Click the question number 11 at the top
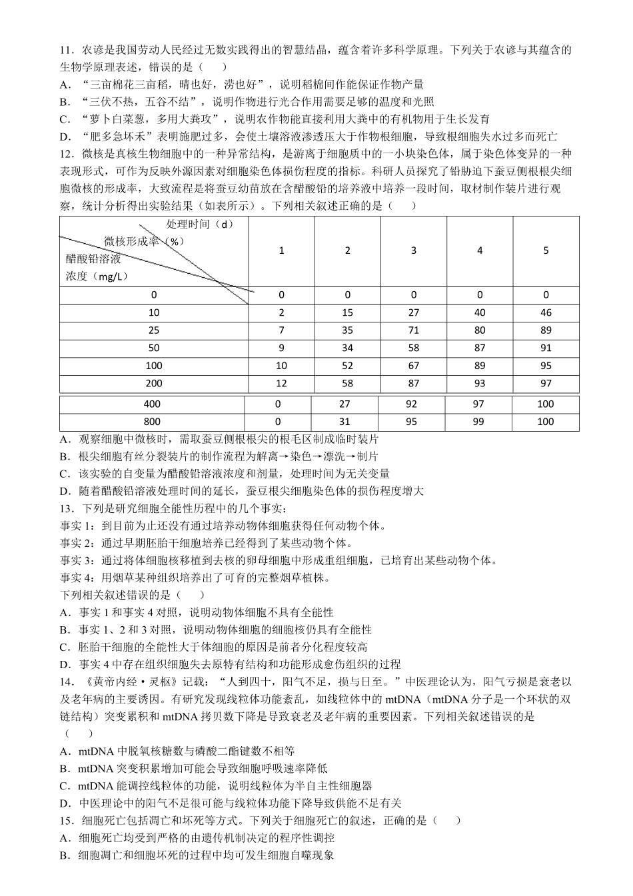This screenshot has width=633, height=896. pos(65,50)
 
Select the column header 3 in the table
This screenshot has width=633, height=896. pos(413,250)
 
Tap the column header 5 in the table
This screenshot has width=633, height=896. pos(546,250)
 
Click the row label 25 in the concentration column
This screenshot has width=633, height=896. pos(154,330)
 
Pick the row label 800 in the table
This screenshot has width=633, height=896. pos(152,422)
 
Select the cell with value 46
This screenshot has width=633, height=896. pos(546,312)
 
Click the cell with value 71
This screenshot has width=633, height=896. pos(413,330)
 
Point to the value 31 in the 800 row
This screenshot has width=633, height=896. pos(344,422)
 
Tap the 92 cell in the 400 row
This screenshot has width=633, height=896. pos(411,404)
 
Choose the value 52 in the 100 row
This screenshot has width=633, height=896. pos(347,366)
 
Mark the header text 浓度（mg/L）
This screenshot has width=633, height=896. pos(97,276)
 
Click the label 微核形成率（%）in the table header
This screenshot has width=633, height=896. pos(144,241)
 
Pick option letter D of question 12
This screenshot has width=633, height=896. pos(65,492)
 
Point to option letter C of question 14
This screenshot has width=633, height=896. pos(65,786)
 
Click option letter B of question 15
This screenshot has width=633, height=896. pos(65,855)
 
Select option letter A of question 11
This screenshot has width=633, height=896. pos(65,85)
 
